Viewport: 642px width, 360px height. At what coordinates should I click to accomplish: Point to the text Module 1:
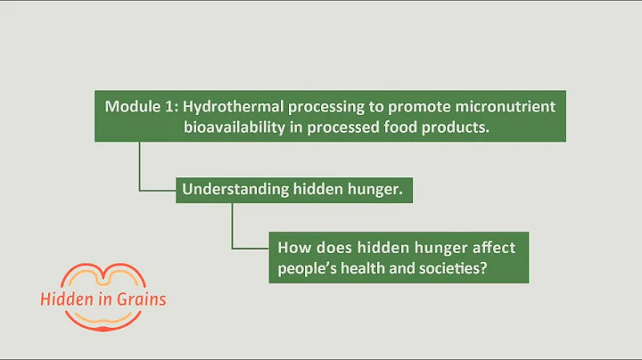click(139, 107)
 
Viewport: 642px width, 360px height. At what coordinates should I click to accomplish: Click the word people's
click(308, 267)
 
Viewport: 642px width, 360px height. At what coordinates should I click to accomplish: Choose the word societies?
click(454, 267)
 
